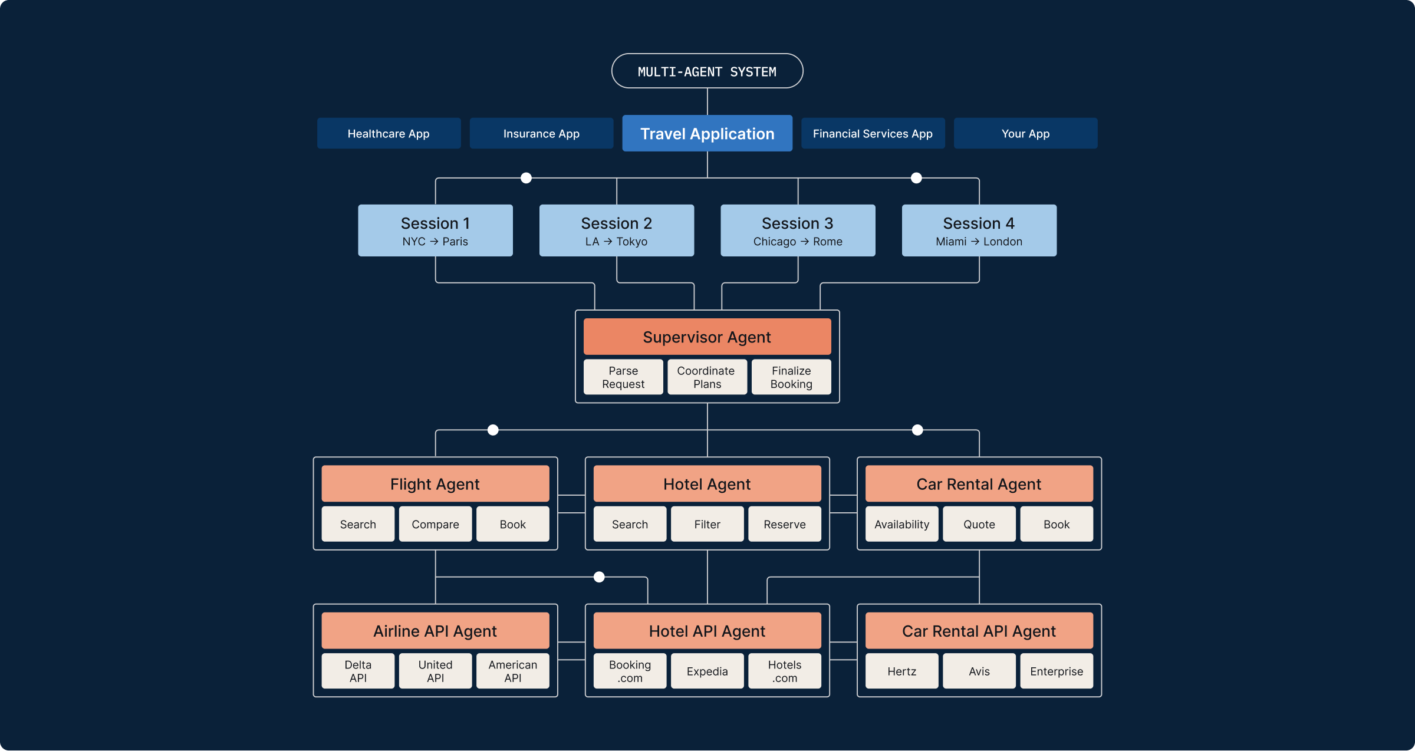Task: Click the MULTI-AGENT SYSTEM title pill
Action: pos(707,71)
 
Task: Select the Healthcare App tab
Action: pos(389,133)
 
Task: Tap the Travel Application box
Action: pos(707,133)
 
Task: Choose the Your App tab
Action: pos(1025,133)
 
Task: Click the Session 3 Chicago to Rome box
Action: pos(798,230)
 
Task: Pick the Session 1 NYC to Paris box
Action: pos(435,230)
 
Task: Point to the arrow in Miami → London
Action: pos(975,242)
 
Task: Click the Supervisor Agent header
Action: pos(707,337)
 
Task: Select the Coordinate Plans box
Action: pos(707,377)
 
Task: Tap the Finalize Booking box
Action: pos(791,377)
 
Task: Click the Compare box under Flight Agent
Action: pos(435,524)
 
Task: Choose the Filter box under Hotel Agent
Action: pos(707,524)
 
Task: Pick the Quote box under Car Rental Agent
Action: pos(979,524)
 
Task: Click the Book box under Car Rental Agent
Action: pos(1056,524)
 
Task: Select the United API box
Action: pos(435,671)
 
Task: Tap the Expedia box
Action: pos(707,671)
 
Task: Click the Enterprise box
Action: pos(1056,671)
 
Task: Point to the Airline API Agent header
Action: pos(435,631)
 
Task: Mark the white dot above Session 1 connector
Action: pos(526,178)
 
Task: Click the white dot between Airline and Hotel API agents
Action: pos(599,577)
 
